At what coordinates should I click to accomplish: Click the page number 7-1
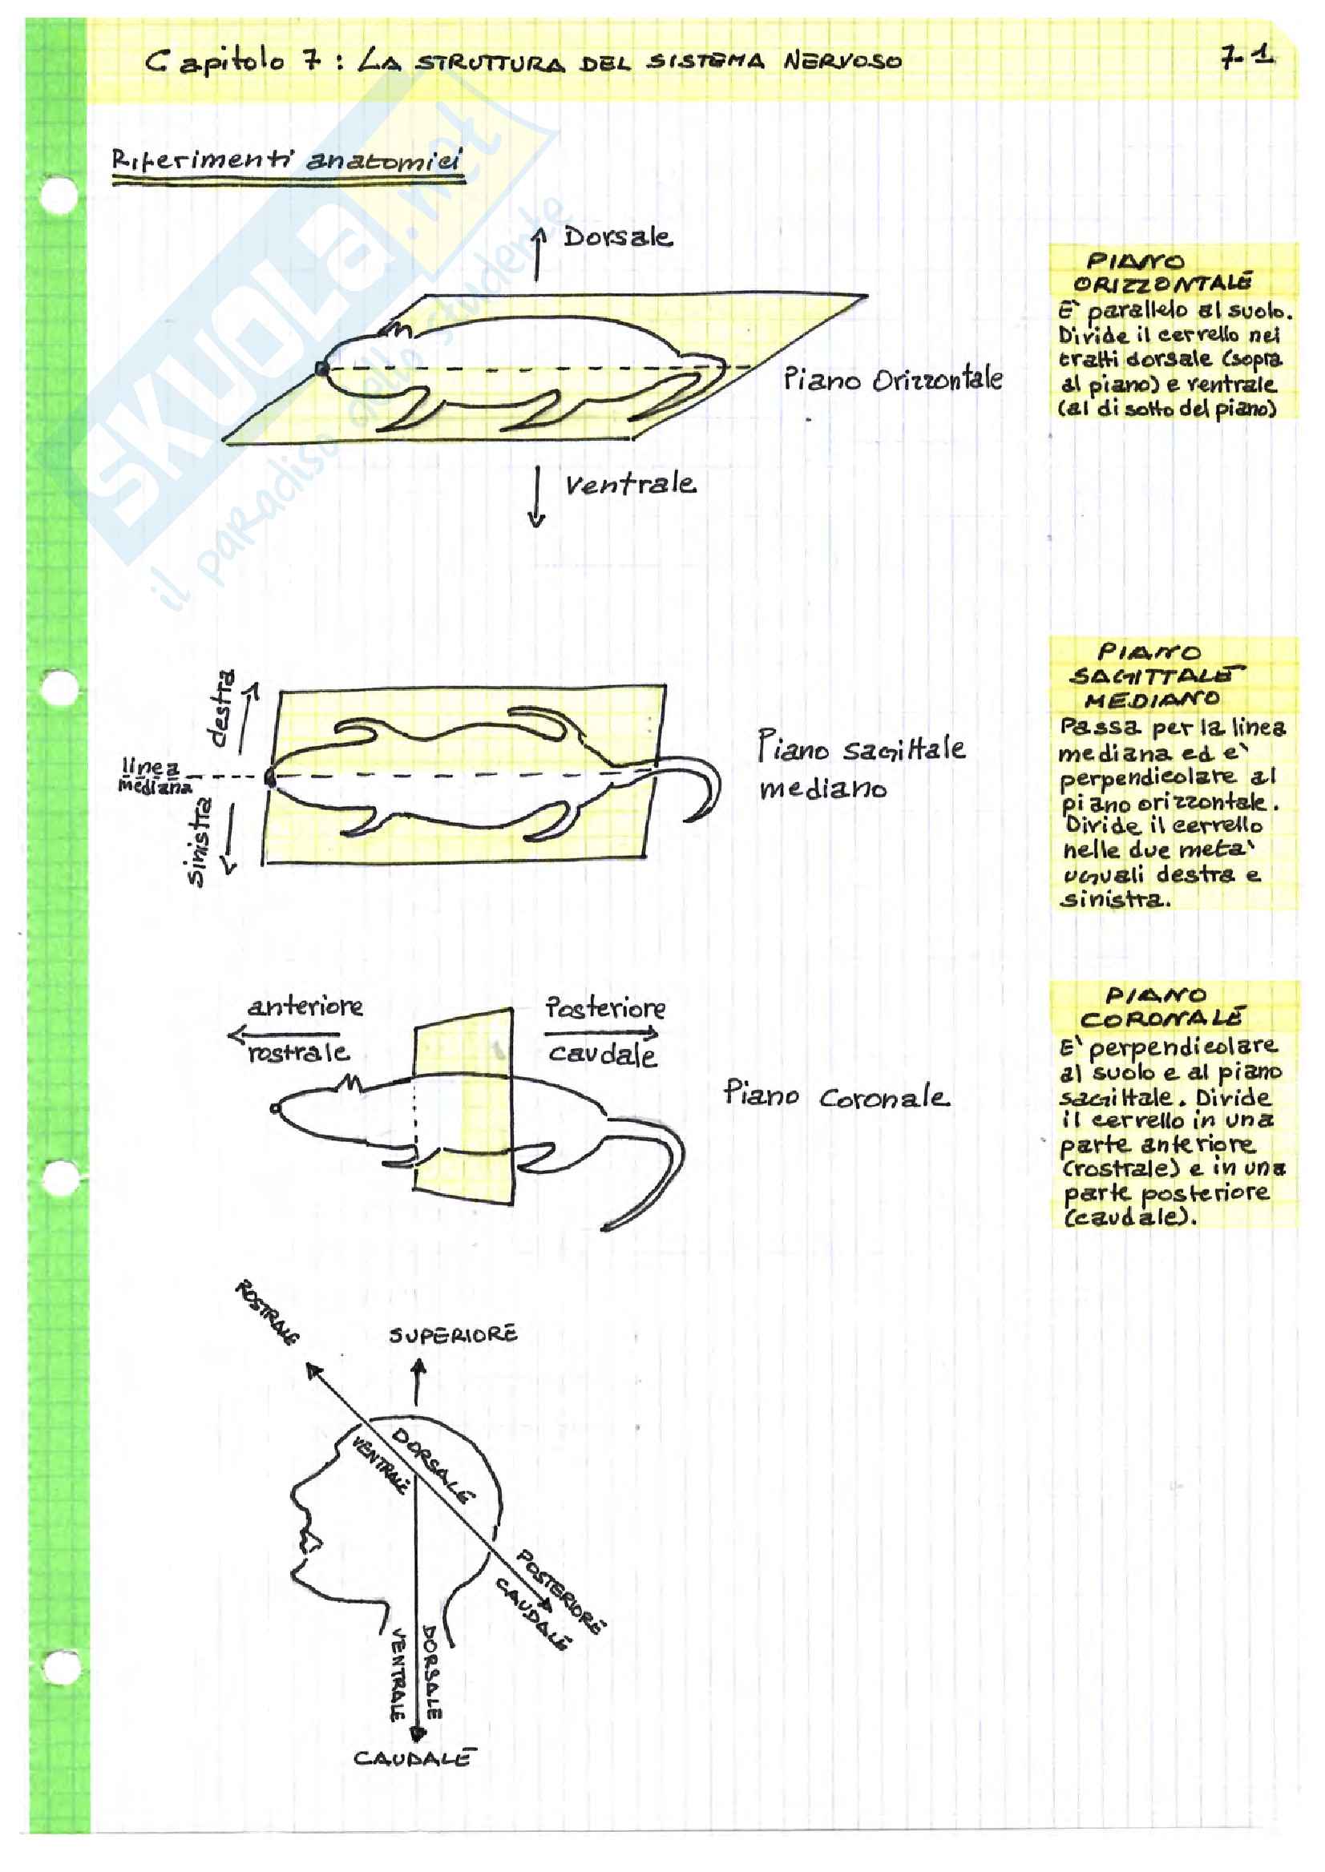tap(1246, 56)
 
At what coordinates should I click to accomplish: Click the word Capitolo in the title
tap(216, 62)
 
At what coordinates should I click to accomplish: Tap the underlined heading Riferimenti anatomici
tap(286, 160)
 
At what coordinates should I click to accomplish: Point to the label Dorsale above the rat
tap(618, 237)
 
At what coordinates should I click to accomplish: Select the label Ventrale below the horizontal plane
tap(630, 485)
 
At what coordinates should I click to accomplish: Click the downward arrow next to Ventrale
tap(536, 498)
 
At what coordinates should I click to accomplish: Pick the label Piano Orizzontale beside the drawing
tap(893, 380)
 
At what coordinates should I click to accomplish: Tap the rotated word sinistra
tap(198, 840)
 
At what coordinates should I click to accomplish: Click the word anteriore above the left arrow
tap(305, 1007)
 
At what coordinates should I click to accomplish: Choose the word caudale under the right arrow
tap(602, 1055)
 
